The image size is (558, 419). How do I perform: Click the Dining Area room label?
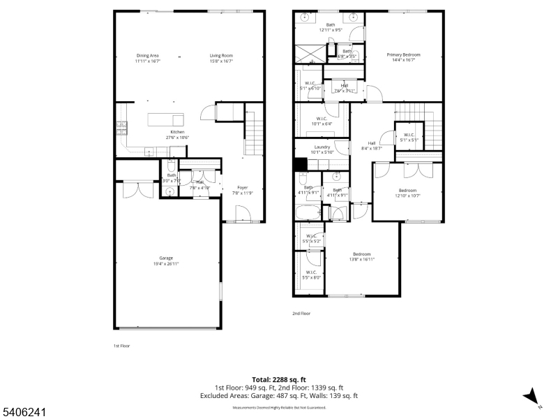148,55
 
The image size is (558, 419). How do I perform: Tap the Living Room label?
221,55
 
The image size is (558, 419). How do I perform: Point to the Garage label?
166,258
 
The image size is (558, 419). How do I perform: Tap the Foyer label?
242,187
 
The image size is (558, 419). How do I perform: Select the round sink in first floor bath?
169,191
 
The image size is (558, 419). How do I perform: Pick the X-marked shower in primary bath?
308,54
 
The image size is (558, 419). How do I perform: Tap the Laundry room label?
322,147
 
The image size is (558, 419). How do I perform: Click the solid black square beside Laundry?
300,165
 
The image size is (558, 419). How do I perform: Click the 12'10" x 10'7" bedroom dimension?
407,196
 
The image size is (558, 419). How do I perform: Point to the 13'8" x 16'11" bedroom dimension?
361,258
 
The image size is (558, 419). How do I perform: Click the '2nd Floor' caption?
301,314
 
